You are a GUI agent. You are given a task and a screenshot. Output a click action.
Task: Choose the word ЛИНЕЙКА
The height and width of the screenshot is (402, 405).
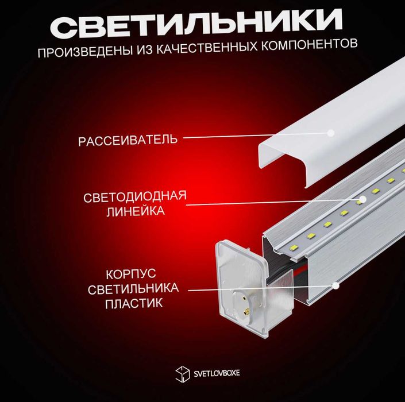(x=136, y=211)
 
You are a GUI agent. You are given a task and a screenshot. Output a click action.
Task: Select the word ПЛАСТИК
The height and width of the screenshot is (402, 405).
(x=134, y=303)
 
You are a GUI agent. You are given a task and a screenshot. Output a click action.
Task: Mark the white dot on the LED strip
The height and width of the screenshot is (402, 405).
(x=363, y=200)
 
